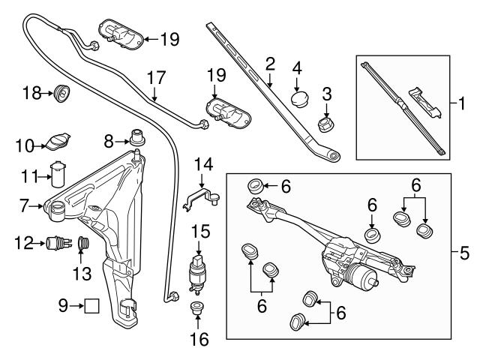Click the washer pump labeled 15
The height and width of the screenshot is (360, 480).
click(199, 272)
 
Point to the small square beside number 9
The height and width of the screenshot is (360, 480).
click(91, 305)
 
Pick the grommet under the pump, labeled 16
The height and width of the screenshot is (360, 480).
click(198, 307)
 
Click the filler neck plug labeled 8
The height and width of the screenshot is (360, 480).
click(136, 138)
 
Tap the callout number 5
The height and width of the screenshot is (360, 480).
click(465, 253)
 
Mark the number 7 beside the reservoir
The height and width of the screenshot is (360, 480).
click(25, 204)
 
